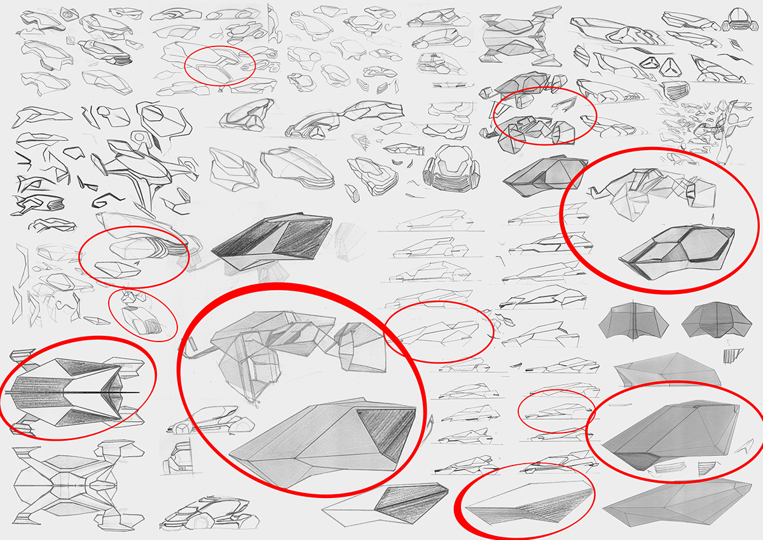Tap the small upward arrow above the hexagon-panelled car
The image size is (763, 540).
pyautogui.click(x=711, y=217)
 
